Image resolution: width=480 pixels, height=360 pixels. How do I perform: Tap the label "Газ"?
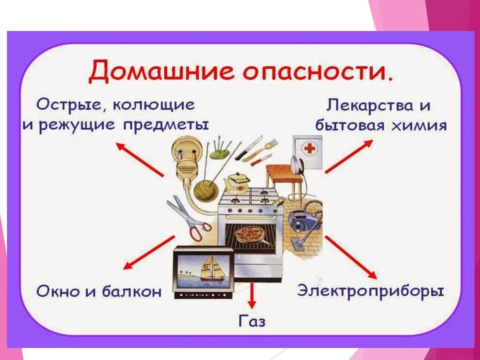(252, 321)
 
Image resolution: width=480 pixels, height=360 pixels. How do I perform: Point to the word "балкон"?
(131, 291)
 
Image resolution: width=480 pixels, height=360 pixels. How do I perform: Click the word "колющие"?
(153, 105)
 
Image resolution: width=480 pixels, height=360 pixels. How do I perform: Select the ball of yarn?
(206, 192)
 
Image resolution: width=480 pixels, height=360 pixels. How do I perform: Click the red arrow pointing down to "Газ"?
(252, 295)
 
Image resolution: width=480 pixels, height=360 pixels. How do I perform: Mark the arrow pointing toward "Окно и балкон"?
(149, 252)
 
